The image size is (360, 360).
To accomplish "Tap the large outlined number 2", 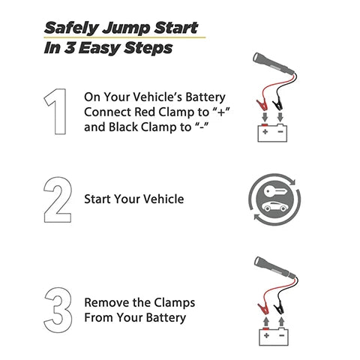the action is tap(58, 200).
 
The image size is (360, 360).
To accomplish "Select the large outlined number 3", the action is tap(58, 310).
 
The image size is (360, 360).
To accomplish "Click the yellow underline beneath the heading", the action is tap(124, 37).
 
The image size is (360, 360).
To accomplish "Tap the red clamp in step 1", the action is tap(262, 105).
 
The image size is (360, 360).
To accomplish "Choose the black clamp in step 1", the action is tap(277, 105).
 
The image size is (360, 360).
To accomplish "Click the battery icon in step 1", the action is tap(272, 133).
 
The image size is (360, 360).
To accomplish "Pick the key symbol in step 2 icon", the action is tap(274, 192).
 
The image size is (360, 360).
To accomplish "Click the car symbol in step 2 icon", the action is tap(274, 206).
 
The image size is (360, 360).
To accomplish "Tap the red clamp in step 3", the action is tap(262, 308).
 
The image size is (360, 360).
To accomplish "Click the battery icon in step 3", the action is tap(274, 336).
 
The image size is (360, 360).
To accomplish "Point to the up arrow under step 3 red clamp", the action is tap(266, 322).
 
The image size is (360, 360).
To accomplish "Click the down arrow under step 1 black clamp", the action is tap(280, 117).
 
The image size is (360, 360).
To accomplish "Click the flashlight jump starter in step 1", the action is tap(274, 64).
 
